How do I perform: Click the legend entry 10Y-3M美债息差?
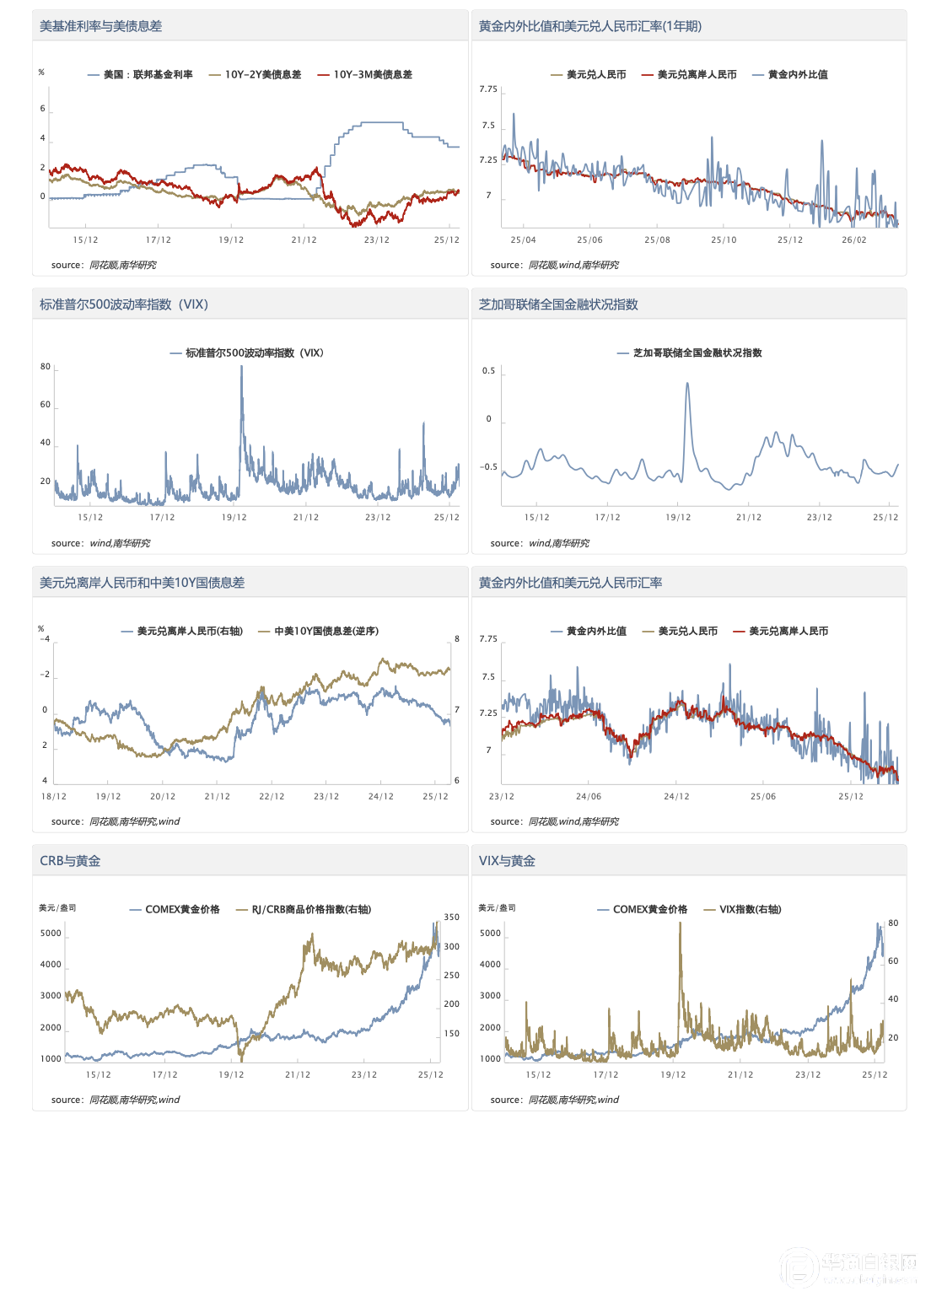click(372, 75)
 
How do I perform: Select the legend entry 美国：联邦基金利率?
click(148, 75)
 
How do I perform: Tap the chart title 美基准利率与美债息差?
click(100, 26)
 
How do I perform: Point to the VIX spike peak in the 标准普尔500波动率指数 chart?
click(241, 368)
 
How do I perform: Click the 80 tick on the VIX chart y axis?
click(46, 367)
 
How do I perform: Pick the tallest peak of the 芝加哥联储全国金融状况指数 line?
click(687, 384)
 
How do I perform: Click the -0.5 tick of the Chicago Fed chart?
click(489, 467)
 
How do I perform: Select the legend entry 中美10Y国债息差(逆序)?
click(326, 632)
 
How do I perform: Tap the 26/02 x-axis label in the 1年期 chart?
click(853, 240)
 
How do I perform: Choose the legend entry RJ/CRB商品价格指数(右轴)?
click(311, 910)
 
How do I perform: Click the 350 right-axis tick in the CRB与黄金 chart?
click(452, 917)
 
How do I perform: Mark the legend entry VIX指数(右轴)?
click(750, 910)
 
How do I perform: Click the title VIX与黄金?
click(507, 861)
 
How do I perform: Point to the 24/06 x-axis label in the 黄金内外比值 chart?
click(589, 797)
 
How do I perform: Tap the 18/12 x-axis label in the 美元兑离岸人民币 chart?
click(54, 797)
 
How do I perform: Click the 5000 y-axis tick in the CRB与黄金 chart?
click(51, 933)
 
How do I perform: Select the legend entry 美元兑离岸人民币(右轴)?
click(189, 632)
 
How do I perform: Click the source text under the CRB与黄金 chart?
click(116, 1100)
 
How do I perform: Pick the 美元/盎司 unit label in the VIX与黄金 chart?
click(497, 908)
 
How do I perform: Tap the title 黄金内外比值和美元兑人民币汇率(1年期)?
click(589, 26)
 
